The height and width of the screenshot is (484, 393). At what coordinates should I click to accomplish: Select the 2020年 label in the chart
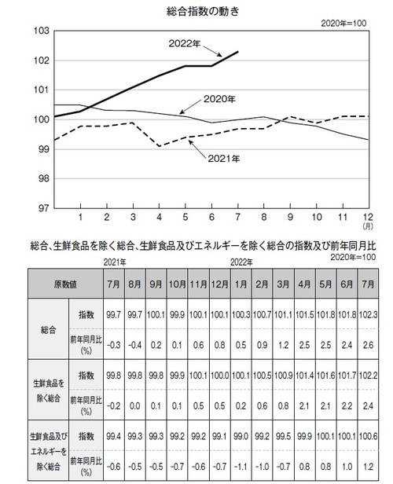(219, 100)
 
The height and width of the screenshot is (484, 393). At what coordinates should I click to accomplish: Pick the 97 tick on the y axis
(43, 208)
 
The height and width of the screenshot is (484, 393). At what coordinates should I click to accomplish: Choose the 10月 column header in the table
(177, 283)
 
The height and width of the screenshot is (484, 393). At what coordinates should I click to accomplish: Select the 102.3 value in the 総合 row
(365, 314)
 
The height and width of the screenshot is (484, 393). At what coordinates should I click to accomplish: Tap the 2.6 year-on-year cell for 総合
(365, 343)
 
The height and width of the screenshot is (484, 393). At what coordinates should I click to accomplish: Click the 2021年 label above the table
(115, 260)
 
